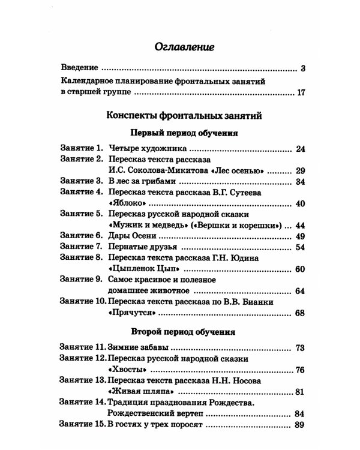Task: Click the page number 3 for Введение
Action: click(304, 68)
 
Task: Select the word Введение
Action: click(81, 68)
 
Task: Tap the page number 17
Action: click(301, 93)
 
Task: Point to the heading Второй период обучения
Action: click(184, 331)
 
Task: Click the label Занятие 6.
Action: click(82, 236)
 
